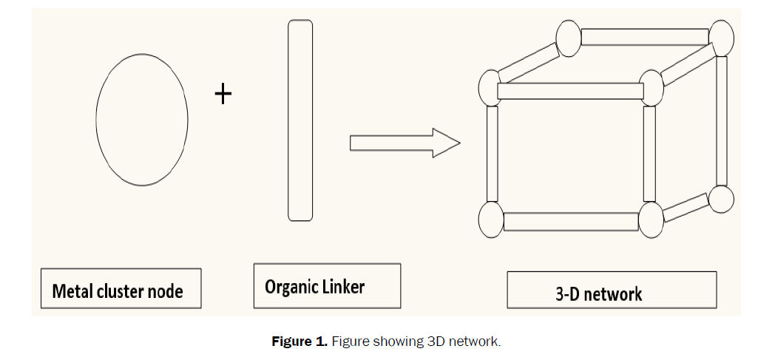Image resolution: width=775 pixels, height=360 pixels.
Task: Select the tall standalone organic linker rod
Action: point(300,120)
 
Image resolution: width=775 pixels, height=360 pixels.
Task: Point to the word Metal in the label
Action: point(72,291)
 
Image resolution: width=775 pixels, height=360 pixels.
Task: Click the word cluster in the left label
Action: point(120,291)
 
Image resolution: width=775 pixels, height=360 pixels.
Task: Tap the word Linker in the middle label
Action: point(344,286)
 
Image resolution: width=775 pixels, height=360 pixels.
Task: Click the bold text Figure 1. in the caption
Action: point(300,342)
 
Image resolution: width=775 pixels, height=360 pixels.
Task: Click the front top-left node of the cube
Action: point(491,88)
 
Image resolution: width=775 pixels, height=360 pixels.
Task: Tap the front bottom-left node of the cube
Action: point(491,220)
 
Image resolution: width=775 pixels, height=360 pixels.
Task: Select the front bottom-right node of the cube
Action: point(652,220)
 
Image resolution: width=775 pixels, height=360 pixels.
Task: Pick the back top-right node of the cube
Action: point(720,36)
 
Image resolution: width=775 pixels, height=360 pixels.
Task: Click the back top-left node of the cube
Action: point(568,38)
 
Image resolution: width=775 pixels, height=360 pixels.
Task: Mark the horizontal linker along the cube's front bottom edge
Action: point(571,221)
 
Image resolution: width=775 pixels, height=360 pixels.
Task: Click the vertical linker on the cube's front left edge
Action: point(492,154)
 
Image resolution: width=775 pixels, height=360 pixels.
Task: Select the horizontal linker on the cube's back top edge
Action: point(644,36)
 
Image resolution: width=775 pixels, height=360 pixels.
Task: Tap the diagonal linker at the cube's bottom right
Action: point(686,208)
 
